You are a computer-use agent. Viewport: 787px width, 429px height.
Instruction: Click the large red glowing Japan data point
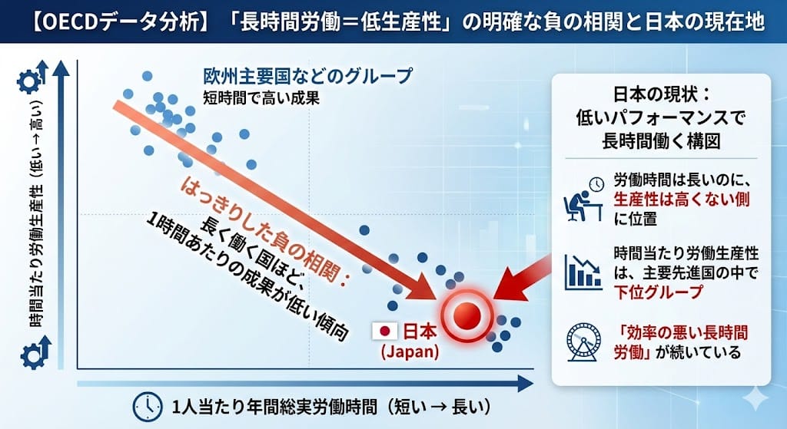pos(467,315)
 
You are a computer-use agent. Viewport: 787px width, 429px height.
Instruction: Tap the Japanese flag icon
pos(386,331)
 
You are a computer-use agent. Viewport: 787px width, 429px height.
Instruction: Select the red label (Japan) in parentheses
pos(410,351)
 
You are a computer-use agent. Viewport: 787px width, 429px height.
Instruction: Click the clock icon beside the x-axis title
pos(148,406)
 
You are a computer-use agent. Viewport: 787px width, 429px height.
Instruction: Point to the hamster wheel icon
pos(583,342)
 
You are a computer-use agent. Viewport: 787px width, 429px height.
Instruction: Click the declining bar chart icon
pos(583,272)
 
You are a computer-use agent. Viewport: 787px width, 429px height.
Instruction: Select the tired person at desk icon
pos(583,200)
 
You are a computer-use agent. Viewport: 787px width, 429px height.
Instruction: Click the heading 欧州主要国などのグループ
pos(307,76)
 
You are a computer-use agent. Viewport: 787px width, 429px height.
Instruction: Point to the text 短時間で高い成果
pos(261,97)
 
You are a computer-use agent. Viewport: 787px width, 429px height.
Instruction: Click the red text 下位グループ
pos(658,291)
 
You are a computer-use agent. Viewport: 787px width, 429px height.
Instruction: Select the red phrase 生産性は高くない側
pos(681,200)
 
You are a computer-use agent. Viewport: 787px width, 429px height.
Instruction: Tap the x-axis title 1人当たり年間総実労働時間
pos(274,407)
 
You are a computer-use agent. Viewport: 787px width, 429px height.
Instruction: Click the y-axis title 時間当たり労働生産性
pos(35,255)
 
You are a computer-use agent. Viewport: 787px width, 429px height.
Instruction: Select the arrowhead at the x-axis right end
pos(524,384)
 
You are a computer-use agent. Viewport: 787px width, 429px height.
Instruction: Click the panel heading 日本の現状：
pos(661,94)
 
